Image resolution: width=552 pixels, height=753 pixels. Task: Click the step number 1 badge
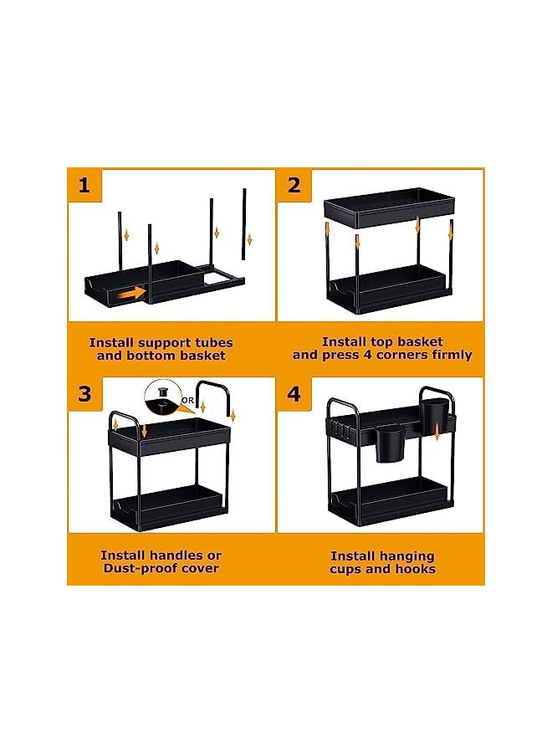84,185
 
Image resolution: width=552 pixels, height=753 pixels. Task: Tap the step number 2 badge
294,185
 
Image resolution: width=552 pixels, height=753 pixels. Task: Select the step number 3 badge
84,394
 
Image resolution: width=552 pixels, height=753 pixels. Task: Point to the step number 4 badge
294,394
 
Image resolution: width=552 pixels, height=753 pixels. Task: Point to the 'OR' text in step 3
187,400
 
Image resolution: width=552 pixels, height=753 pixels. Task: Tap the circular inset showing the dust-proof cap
162,397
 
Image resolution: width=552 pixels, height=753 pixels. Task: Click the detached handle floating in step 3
213,382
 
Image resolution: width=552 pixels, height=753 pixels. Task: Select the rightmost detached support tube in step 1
244,223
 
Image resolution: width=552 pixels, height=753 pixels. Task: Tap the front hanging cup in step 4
389,444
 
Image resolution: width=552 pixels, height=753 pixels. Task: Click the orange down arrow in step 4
437,432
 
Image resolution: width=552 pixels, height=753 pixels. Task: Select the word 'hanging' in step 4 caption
410,557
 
